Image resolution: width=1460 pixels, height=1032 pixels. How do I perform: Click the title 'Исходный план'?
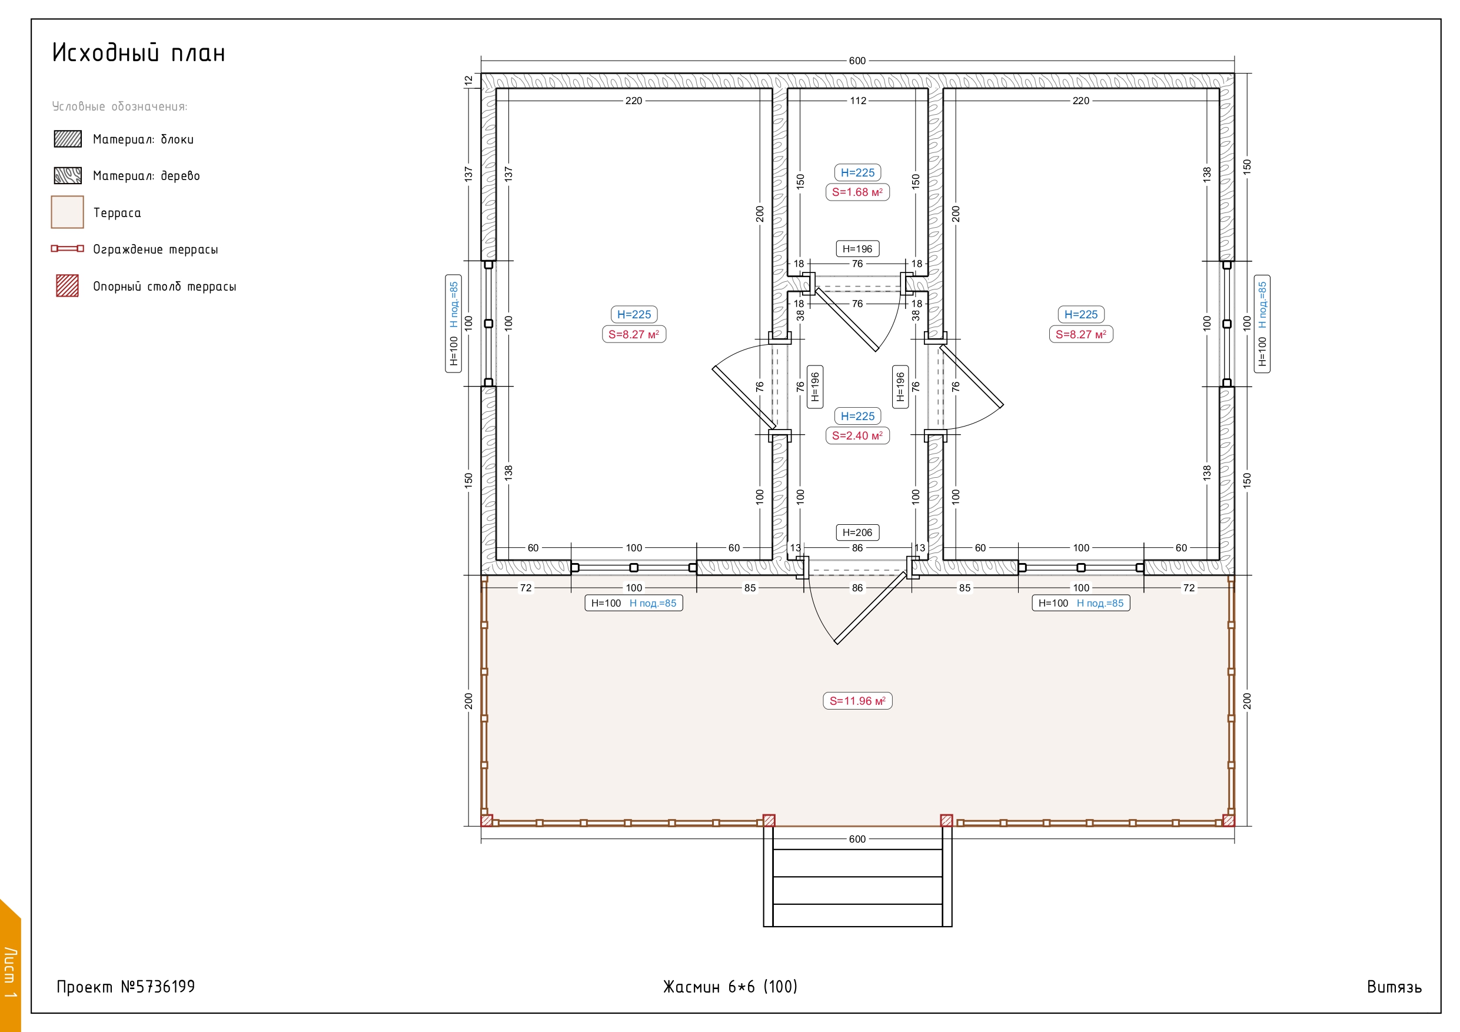(x=139, y=53)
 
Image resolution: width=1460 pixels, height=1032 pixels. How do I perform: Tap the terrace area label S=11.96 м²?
(x=857, y=701)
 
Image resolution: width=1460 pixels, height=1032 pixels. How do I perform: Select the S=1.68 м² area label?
(x=857, y=192)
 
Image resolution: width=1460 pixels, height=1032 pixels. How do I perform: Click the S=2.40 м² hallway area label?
(x=857, y=435)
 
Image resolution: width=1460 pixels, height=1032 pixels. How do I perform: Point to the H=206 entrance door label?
(x=857, y=532)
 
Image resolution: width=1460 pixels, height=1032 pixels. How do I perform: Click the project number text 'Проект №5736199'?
(x=126, y=986)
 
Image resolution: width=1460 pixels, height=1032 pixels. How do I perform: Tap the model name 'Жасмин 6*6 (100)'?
(x=730, y=986)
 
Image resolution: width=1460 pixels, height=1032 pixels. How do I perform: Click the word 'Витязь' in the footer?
(x=1394, y=987)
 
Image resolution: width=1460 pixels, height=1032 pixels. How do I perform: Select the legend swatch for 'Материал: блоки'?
(x=68, y=139)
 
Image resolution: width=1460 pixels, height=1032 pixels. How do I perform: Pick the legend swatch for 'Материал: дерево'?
(x=68, y=175)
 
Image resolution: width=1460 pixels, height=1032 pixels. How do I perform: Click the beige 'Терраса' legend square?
(x=68, y=212)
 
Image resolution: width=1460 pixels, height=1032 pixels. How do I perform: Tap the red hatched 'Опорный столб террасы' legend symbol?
(x=68, y=285)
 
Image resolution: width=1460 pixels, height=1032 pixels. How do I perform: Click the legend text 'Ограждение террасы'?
(x=156, y=249)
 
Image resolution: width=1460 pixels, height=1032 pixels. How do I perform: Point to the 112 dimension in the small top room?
(x=858, y=101)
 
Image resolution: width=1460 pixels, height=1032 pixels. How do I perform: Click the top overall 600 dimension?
(x=857, y=61)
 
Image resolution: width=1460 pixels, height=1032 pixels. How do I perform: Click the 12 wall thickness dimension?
(x=468, y=81)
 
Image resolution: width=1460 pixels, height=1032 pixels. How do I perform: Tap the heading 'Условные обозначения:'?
(x=119, y=106)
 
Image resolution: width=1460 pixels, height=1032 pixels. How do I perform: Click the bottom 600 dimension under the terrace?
(x=857, y=838)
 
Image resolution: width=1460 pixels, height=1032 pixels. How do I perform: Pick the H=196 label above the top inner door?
(x=857, y=249)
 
